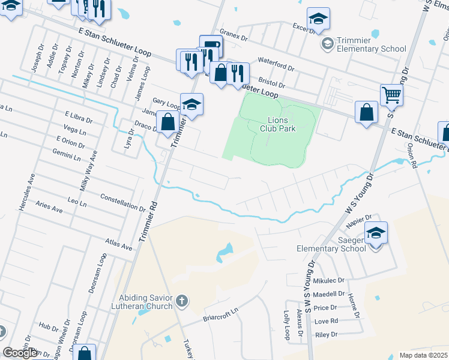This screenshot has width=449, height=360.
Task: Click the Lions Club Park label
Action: (279, 123)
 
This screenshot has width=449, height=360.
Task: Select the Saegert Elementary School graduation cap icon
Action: (376, 233)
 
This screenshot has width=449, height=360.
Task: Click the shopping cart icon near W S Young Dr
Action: (391, 95)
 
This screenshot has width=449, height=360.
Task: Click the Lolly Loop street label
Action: (287, 325)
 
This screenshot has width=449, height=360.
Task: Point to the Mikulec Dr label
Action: (328, 280)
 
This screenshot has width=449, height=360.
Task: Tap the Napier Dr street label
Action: (360, 220)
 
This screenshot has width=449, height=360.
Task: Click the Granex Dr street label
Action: (234, 35)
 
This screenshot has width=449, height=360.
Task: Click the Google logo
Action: (20, 353)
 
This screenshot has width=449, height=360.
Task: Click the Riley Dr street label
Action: (327, 334)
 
